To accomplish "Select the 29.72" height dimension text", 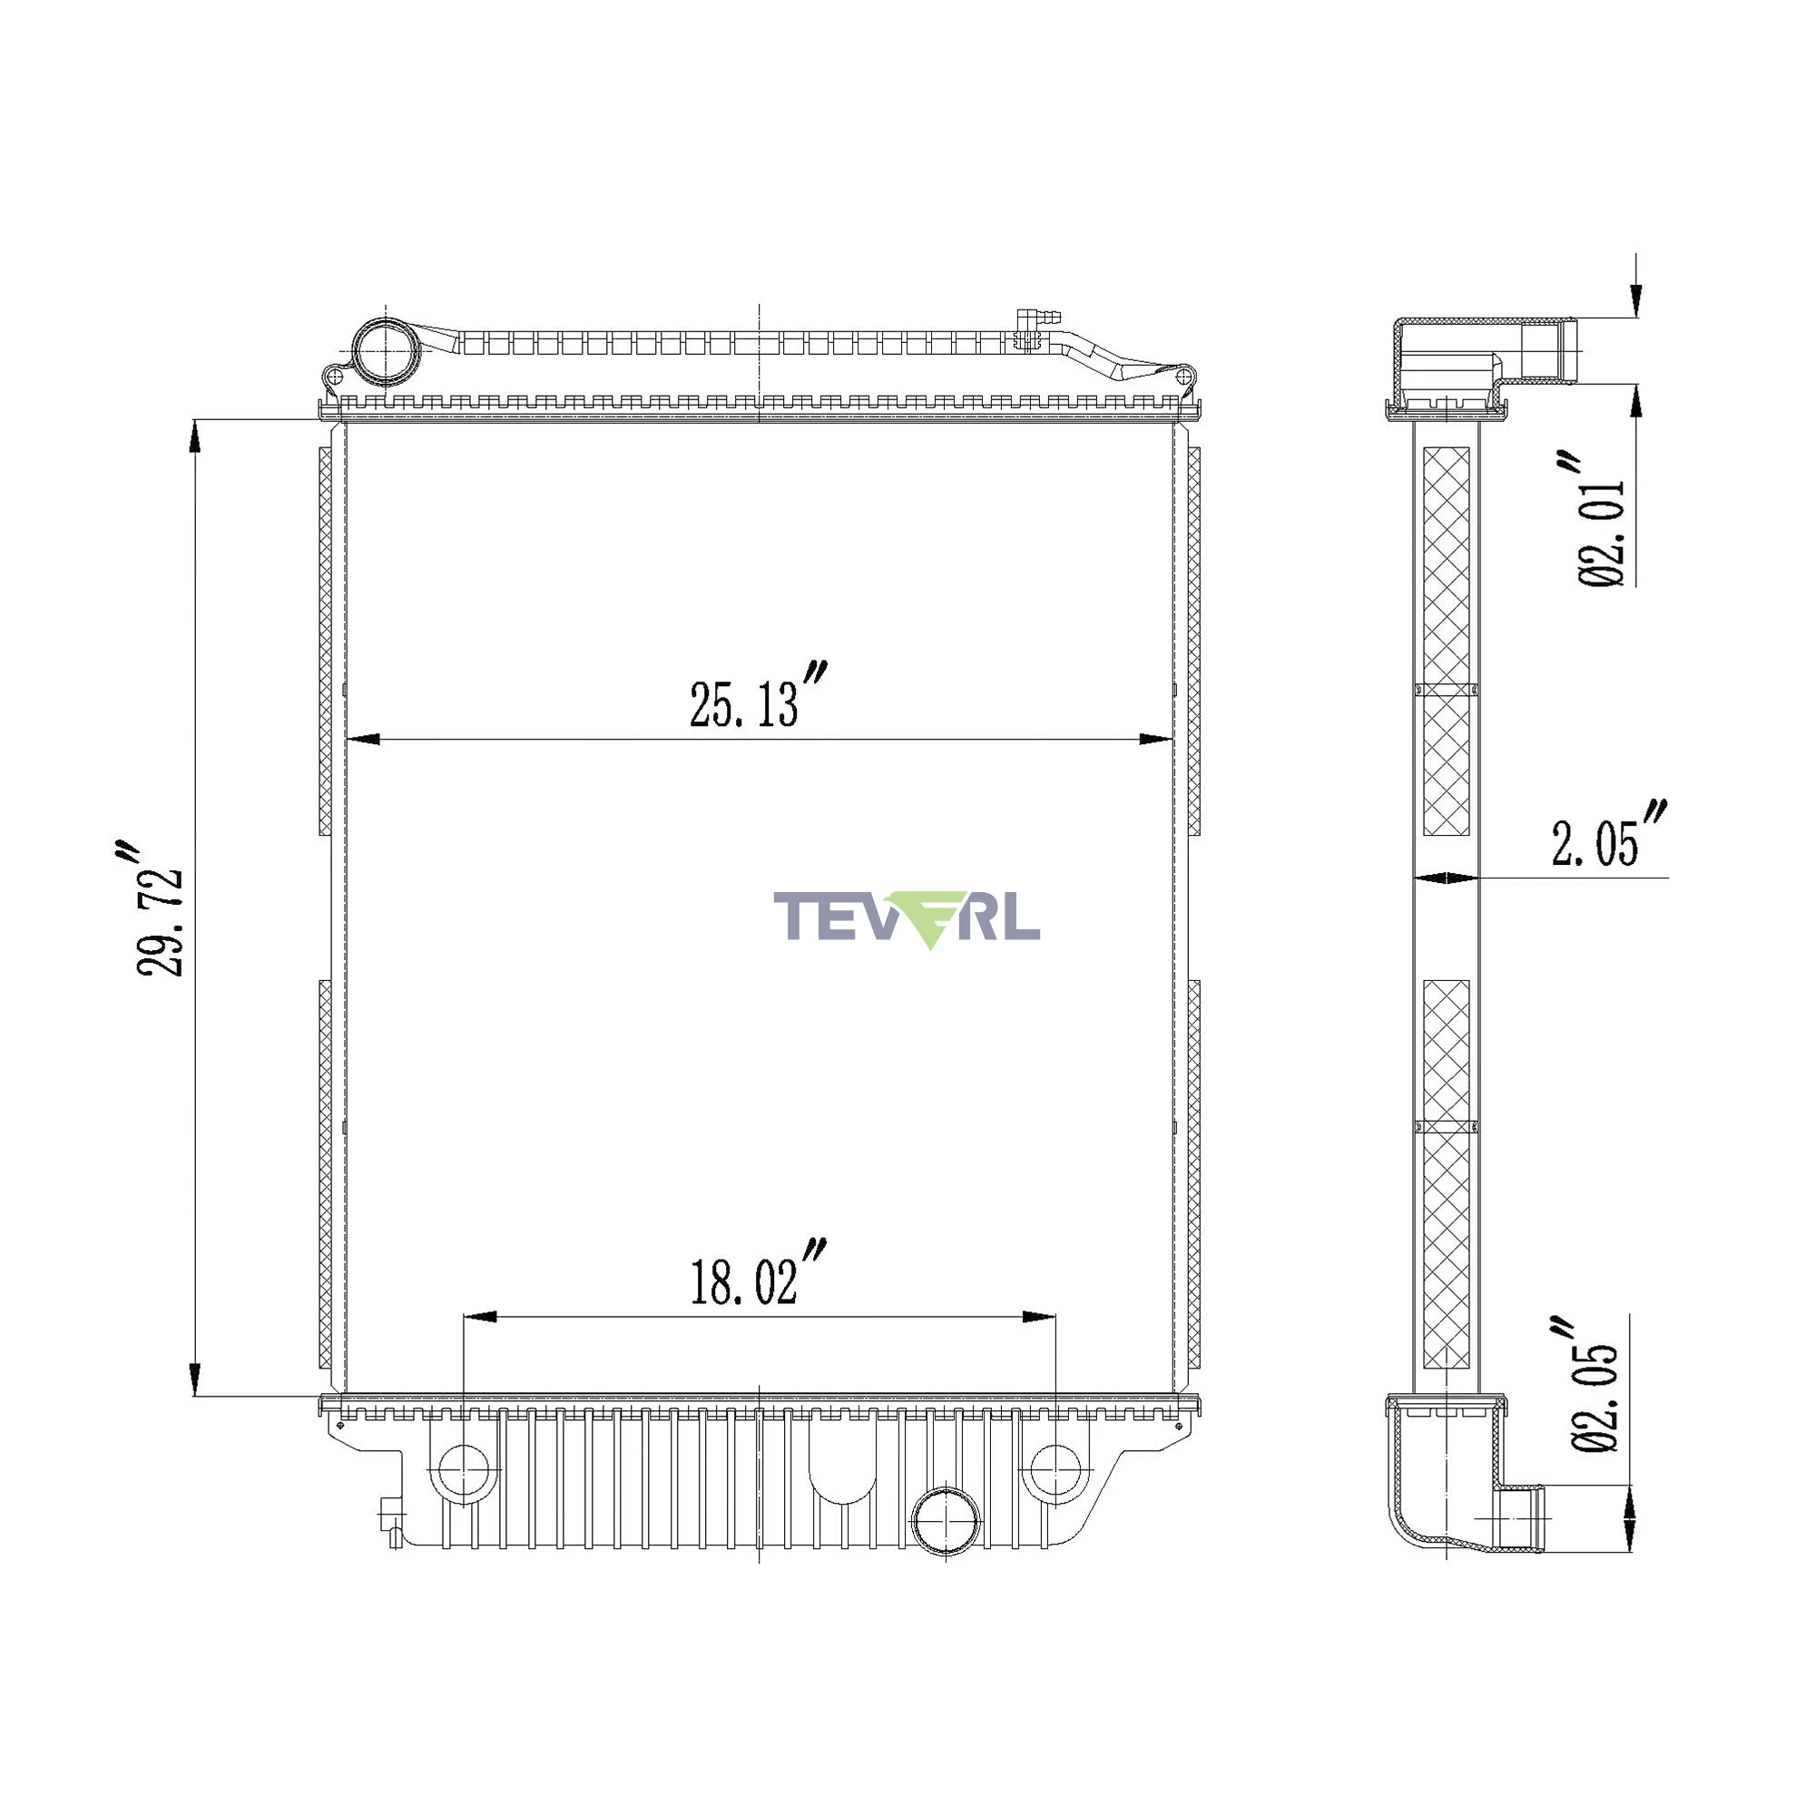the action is (158, 908).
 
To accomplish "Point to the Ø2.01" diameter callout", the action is (1600, 518).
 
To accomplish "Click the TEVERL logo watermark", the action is (907, 918).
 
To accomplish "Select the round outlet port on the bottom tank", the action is (946, 1520).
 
